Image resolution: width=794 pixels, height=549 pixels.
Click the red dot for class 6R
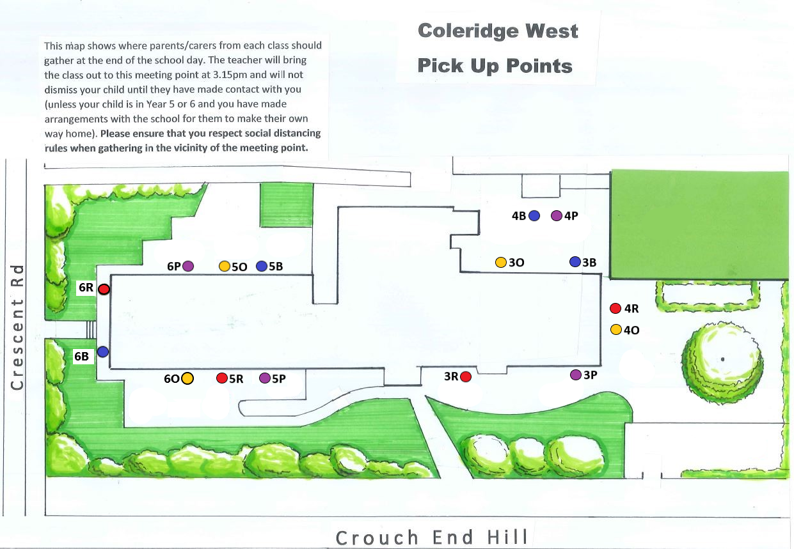[x=104, y=289]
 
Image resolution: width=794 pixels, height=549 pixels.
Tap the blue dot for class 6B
[x=102, y=352]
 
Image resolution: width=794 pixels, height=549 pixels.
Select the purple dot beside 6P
[x=188, y=266]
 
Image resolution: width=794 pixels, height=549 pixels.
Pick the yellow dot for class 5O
[x=225, y=266]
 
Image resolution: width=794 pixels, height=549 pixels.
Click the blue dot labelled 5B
[x=261, y=266]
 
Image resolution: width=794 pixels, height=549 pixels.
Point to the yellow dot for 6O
[x=187, y=378]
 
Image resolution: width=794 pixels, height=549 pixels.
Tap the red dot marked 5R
[x=222, y=378]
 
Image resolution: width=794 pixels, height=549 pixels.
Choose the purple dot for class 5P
[x=265, y=378]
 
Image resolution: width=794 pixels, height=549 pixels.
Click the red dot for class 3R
[x=466, y=376]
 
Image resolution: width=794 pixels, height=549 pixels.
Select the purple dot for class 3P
[x=576, y=375]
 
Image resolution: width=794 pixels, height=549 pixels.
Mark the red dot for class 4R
[x=615, y=309]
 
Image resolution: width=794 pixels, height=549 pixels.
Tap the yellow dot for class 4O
[x=616, y=330]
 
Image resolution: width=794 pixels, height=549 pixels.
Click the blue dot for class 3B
[x=575, y=262]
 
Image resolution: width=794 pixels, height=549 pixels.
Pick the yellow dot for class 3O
[x=501, y=262]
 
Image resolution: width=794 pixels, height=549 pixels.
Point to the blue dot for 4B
[x=534, y=216]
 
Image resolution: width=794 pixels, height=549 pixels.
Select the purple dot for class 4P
[x=556, y=216]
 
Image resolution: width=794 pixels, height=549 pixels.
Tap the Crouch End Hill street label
[x=433, y=537]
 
